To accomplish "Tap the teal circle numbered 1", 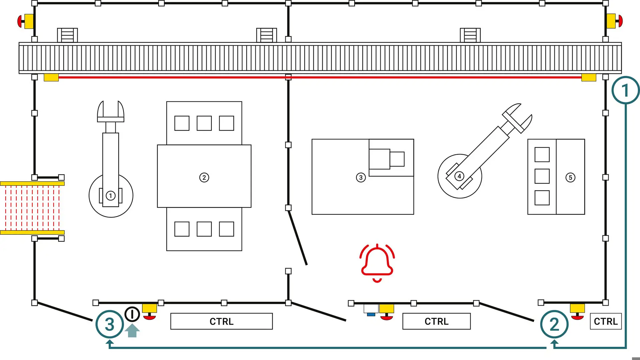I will [625, 90].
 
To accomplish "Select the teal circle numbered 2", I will [554, 324].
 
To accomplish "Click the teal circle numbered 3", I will [110, 324].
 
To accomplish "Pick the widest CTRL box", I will [221, 321].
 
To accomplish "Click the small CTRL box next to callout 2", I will [605, 321].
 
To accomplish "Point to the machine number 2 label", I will [204, 177].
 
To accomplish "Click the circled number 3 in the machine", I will [361, 177].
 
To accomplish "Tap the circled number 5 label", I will [570, 177].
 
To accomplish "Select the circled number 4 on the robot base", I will [459, 176].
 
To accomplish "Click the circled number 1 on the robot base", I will [111, 196].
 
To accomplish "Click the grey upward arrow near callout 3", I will [132, 331].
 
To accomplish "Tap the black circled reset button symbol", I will [132, 314].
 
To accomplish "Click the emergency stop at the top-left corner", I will [25, 21].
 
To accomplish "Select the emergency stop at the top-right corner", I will [614, 21].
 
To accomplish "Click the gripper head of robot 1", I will [111, 112].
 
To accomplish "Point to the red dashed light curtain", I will [32, 208].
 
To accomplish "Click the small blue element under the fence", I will [371, 314].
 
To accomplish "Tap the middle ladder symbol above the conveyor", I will [266, 35].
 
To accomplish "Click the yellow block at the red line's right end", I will [589, 78].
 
